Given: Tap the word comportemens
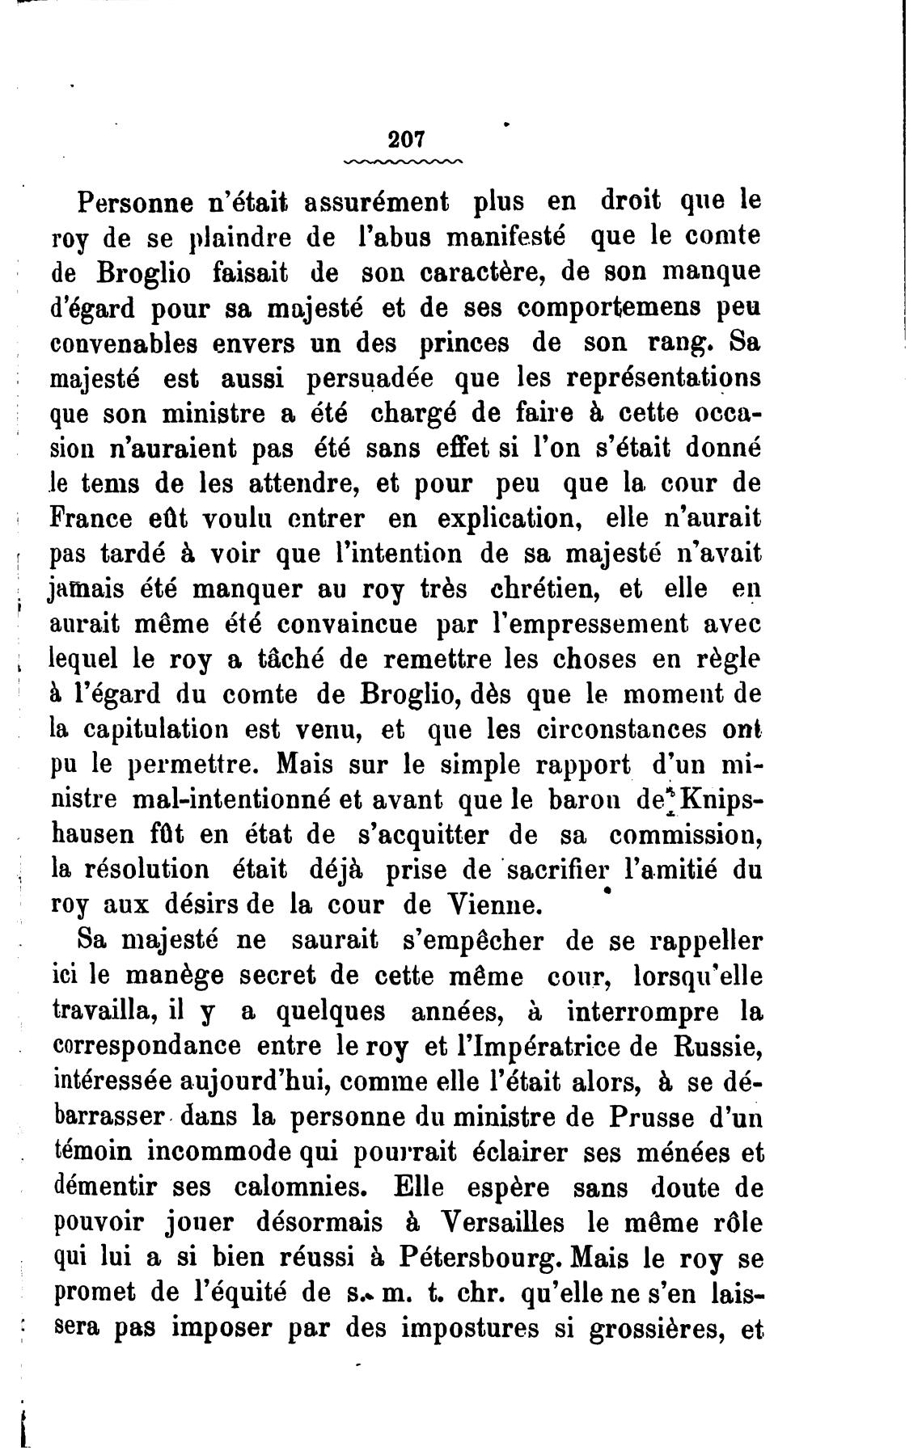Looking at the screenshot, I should click(x=610, y=308).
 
